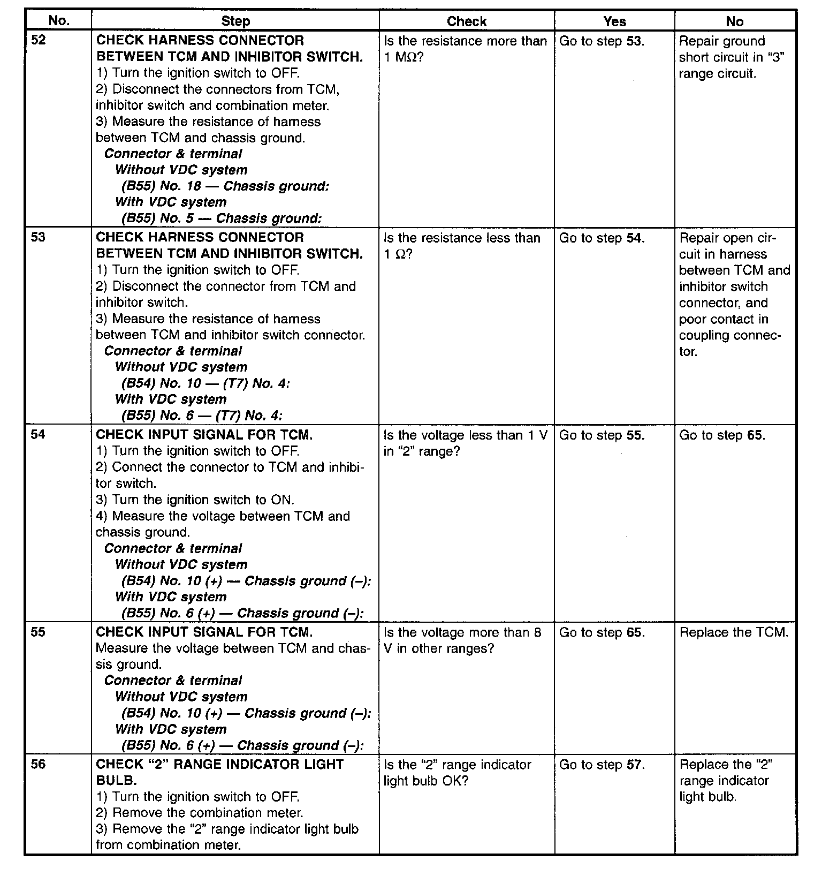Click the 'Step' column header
(x=235, y=21)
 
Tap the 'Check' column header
(x=467, y=21)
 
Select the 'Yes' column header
(x=614, y=21)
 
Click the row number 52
(x=39, y=41)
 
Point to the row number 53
(x=39, y=237)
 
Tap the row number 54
(x=39, y=435)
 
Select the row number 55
(x=39, y=632)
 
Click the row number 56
(x=39, y=764)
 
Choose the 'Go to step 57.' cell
(x=602, y=765)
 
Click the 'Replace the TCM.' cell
(x=734, y=632)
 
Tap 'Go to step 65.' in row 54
(x=722, y=435)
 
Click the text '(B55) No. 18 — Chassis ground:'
(x=225, y=186)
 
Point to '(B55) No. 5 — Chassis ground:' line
(x=221, y=218)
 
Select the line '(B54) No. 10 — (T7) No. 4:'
(x=205, y=383)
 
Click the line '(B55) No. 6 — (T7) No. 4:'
(x=202, y=416)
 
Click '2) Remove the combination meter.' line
(x=200, y=813)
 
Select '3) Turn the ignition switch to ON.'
(x=195, y=500)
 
